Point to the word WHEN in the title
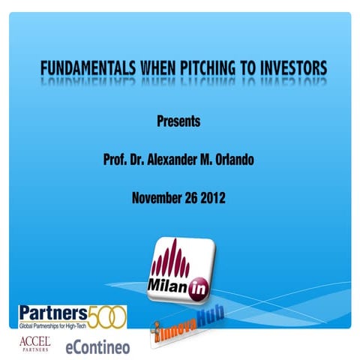coord(158,68)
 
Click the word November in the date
coord(155,199)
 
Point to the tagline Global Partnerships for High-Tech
coord(58,325)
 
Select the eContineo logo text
coord(97,346)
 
